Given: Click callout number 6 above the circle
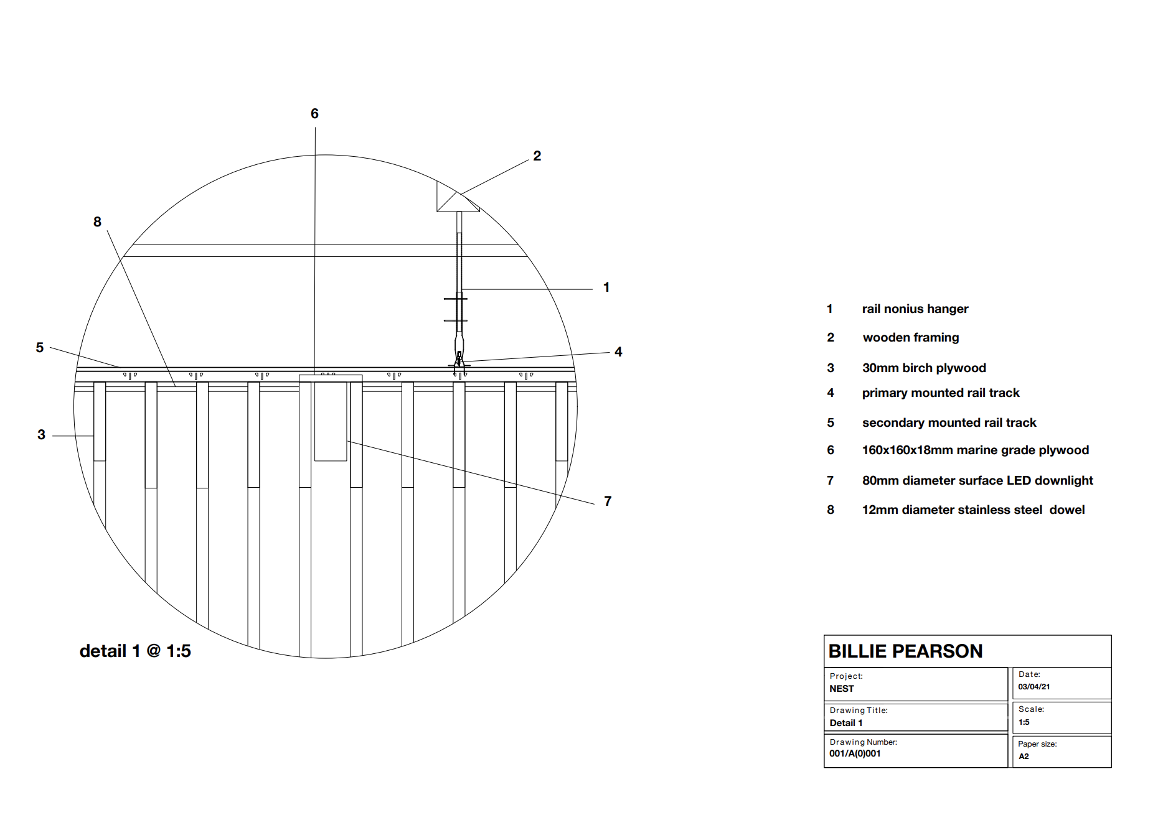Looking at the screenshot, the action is click(x=314, y=114).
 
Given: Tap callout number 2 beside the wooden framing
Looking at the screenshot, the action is click(x=537, y=156).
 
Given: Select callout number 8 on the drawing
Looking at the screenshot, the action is click(x=97, y=222).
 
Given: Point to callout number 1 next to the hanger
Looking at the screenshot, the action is click(x=606, y=287).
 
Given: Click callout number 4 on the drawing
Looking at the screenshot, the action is click(x=618, y=352).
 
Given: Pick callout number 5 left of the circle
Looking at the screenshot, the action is click(x=40, y=348).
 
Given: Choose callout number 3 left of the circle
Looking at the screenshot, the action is click(x=41, y=435).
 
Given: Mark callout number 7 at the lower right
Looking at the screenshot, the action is click(x=608, y=501).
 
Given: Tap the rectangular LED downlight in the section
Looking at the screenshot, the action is click(x=331, y=421).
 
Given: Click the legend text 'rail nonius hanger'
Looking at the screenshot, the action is click(x=915, y=309).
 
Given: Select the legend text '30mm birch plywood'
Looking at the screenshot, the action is click(x=924, y=368).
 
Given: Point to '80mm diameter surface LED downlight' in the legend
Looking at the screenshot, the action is click(x=977, y=481).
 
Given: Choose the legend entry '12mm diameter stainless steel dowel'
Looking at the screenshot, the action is click(x=973, y=510).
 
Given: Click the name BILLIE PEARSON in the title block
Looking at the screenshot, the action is click(x=905, y=651).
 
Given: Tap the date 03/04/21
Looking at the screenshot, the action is click(x=1034, y=687).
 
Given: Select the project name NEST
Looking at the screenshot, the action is click(x=842, y=689).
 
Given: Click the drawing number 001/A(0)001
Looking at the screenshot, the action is click(x=855, y=753).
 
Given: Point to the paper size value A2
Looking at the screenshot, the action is click(x=1024, y=757).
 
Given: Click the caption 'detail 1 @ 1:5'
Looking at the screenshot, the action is click(x=135, y=651).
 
